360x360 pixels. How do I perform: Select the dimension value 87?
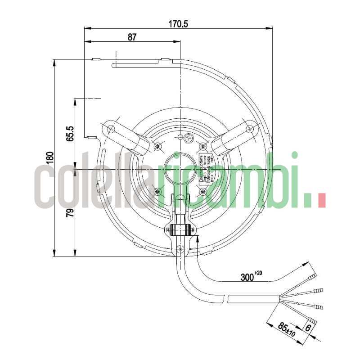pyautogui.click(x=131, y=37)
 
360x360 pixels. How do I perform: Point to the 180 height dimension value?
pyautogui.click(x=49, y=157)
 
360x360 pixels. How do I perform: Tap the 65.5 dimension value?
pyautogui.click(x=70, y=134)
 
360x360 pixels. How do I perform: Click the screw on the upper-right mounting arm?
pyautogui.click(x=250, y=129)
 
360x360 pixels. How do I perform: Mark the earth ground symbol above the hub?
pyautogui.click(x=189, y=139)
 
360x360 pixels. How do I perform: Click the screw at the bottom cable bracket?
pyautogui.click(x=180, y=248)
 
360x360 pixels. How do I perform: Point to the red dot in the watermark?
pyautogui.click(x=321, y=200)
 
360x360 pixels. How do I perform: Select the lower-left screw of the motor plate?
pyautogui.click(x=157, y=192)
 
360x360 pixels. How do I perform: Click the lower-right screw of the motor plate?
pyautogui.click(x=202, y=192)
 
